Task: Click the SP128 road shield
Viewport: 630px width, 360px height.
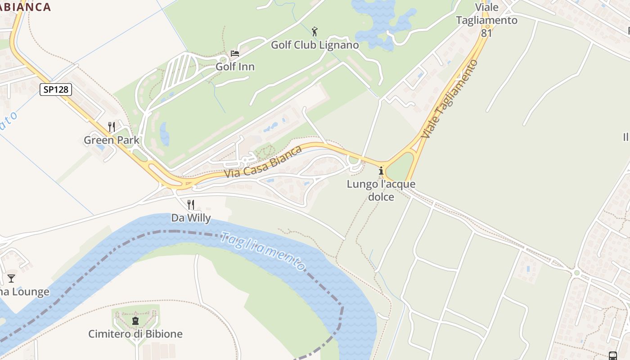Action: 56,90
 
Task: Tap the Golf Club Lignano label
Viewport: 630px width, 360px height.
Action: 315,45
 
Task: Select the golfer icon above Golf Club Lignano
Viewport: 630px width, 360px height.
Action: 315,31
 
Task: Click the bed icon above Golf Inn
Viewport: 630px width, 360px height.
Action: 234,54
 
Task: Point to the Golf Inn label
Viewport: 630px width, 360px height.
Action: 235,67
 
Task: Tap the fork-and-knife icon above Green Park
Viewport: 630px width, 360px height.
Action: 112,127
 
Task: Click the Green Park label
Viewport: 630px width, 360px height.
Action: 112,140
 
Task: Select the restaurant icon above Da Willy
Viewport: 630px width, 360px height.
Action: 191,205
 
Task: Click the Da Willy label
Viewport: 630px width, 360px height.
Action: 191,218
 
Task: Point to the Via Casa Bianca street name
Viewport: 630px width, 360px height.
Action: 263,162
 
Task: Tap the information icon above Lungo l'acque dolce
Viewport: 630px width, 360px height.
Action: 381,171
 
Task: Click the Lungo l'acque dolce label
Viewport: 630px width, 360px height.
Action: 381,190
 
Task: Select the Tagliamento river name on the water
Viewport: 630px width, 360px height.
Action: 264,252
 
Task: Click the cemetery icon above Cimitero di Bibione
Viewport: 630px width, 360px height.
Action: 135,321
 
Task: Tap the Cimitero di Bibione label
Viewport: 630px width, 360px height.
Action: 135,334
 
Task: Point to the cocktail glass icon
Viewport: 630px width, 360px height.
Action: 11,279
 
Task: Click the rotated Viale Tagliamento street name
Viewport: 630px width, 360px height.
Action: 450,99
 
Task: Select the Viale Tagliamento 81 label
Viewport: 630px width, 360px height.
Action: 486,20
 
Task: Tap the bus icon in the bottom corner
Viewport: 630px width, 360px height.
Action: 612,355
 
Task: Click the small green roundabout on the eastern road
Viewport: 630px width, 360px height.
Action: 576,273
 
